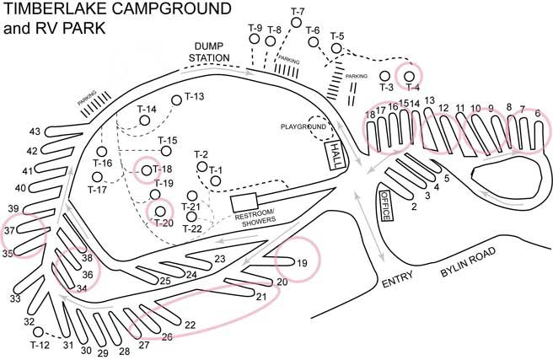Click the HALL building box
click(335, 155)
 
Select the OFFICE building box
click(385, 206)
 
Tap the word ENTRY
click(399, 283)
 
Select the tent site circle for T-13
click(177, 100)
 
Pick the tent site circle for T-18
click(147, 170)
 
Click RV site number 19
click(301, 264)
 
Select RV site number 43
click(35, 132)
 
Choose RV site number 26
click(167, 337)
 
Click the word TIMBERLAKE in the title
click(52, 11)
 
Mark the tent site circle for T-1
click(215, 180)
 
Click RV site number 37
click(9, 229)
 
